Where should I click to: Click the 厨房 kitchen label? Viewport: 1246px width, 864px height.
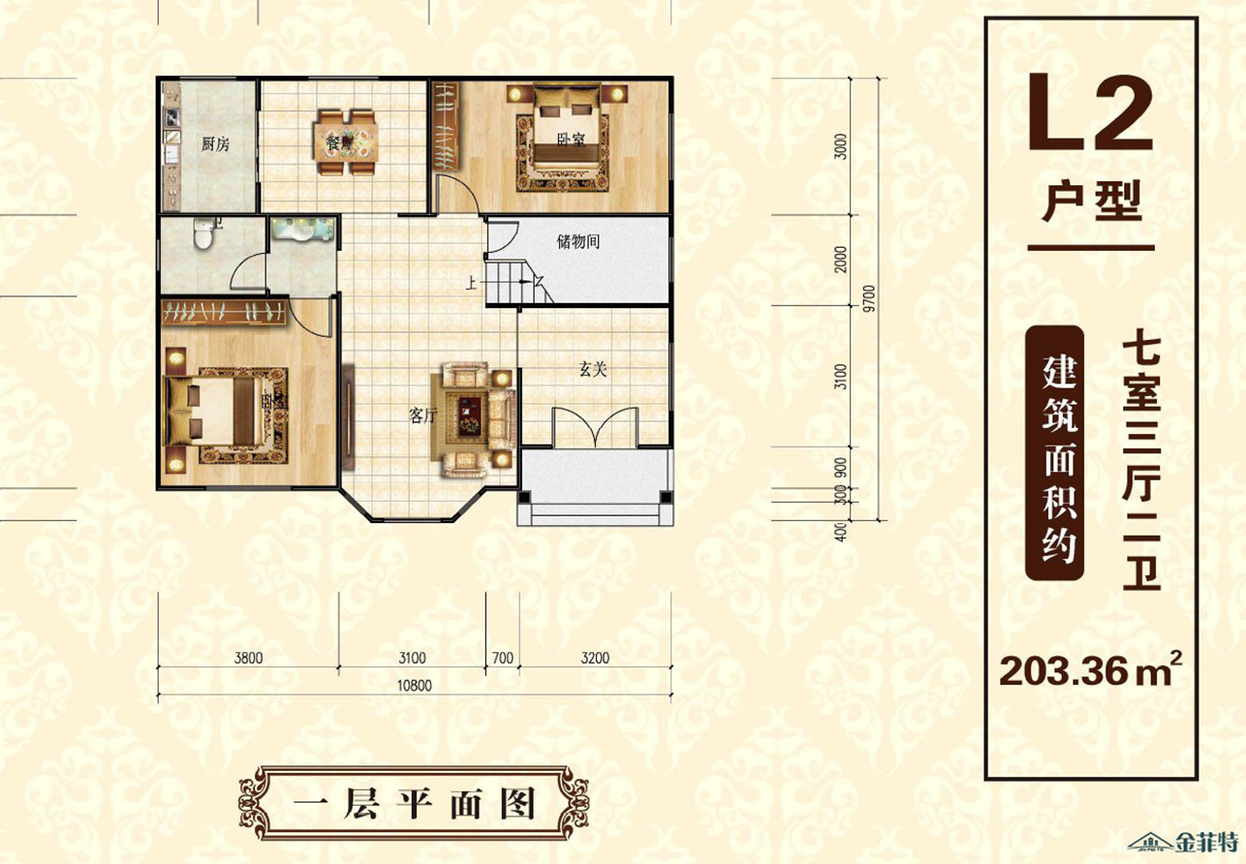[215, 145]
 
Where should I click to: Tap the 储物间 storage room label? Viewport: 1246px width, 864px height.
[578, 242]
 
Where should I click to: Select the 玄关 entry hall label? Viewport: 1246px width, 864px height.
[593, 369]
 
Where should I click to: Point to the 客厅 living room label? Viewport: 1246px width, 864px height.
[422, 416]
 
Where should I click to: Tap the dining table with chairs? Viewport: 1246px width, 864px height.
[346, 141]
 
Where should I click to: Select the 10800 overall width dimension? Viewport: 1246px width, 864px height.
[415, 686]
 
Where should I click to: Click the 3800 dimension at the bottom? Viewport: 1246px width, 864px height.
[248, 659]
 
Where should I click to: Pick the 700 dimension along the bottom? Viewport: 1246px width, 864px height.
[502, 659]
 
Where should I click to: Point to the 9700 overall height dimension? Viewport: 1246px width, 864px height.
[870, 298]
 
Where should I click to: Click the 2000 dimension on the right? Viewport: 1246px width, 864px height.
[841, 259]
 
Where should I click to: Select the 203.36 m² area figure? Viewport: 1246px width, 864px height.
[1089, 670]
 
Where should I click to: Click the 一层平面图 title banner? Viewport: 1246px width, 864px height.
[414, 803]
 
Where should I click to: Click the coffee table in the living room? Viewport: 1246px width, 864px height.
[470, 417]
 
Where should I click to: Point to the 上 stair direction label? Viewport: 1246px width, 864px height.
[471, 285]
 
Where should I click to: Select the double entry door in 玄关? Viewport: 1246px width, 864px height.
[595, 427]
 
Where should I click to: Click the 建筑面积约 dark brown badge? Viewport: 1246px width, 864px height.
[1055, 453]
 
